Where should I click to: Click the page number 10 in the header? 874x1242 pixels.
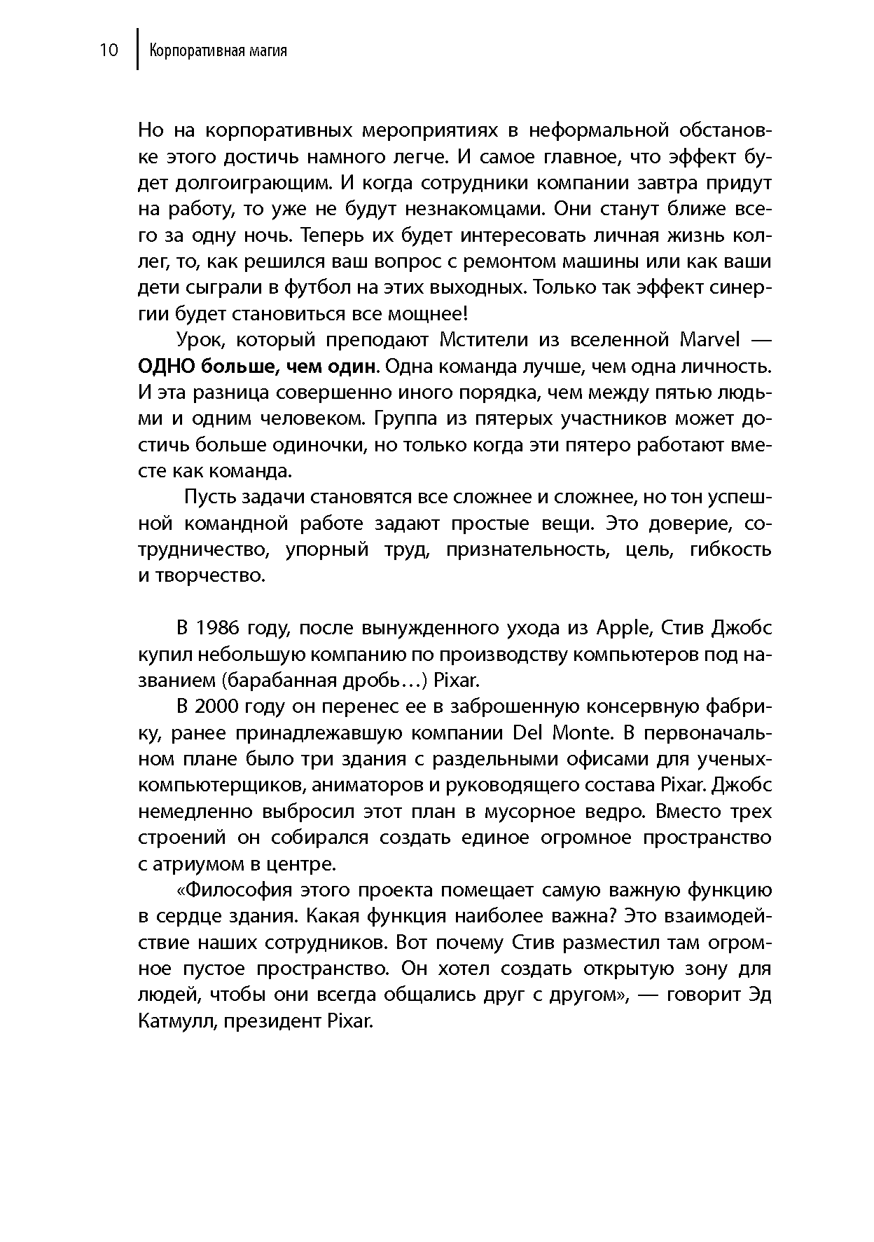(x=109, y=51)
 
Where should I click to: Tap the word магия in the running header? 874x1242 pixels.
(x=268, y=52)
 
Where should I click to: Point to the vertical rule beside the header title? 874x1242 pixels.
(x=137, y=49)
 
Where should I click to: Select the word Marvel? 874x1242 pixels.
(x=709, y=340)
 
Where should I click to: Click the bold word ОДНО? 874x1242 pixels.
(x=166, y=367)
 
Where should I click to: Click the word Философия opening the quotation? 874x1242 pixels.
(x=234, y=890)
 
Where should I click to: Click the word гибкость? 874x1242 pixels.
(x=730, y=550)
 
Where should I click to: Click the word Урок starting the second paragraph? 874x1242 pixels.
(x=199, y=340)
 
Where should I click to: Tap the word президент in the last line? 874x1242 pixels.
(x=273, y=1021)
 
